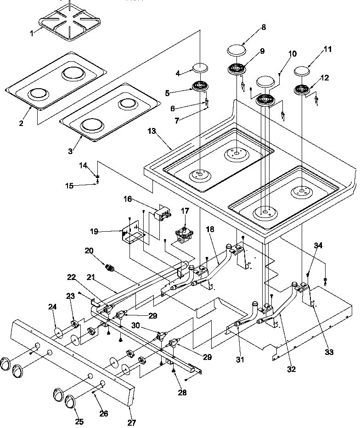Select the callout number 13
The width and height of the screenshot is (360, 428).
tap(152, 131)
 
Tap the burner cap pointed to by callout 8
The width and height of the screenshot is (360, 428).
tap(236, 51)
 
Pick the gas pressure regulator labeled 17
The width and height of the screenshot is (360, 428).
tap(185, 235)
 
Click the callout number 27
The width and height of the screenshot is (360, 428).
tap(131, 422)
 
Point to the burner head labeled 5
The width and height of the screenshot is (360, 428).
tap(201, 86)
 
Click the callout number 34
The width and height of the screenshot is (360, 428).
tap(318, 245)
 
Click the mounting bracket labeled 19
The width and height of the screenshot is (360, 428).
tap(133, 231)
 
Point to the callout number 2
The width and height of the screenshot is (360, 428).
tap(21, 123)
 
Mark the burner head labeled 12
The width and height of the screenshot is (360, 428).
tap(302, 90)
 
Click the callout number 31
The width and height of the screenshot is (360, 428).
tap(240, 360)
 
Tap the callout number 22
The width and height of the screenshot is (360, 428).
tap(71, 277)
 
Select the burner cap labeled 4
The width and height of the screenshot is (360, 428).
tap(201, 68)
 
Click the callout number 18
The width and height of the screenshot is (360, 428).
tap(210, 229)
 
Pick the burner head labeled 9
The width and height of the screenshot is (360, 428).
tap(236, 69)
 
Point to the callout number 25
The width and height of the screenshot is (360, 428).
tap(79, 422)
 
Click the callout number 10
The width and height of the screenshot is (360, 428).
tap(292, 53)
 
